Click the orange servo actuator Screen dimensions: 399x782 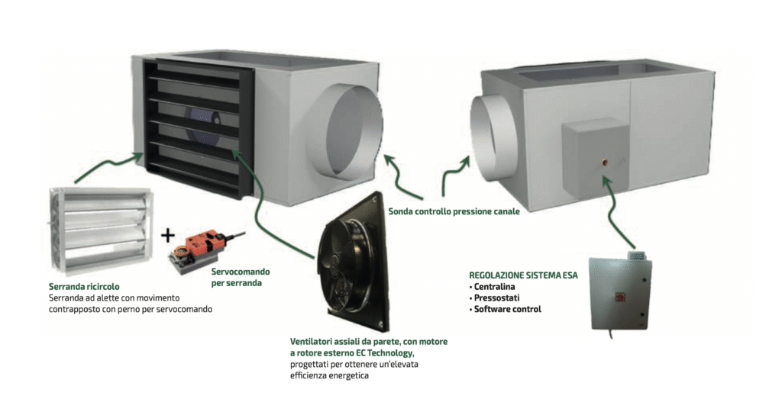[201, 247]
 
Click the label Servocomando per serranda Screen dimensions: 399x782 [240, 277]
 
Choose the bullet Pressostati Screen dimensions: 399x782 [497, 298]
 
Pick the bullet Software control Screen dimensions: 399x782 [506, 309]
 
